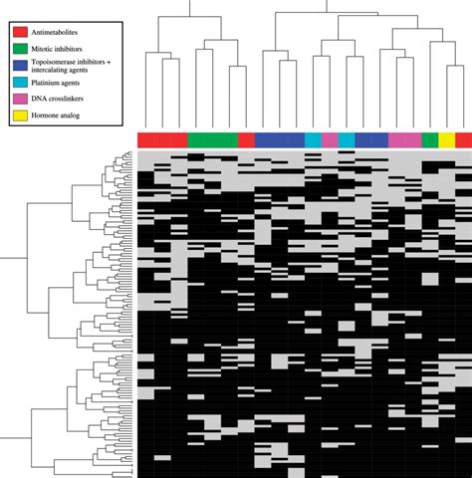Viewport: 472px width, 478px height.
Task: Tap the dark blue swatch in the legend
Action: click(20, 66)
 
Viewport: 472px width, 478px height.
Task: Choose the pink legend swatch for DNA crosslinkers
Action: click(20, 100)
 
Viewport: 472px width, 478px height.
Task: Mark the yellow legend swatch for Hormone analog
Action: click(20, 117)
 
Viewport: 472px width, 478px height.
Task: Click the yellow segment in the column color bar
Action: click(446, 139)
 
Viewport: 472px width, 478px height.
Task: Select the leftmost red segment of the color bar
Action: click(162, 139)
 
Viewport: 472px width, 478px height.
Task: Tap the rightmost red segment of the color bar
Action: click(463, 139)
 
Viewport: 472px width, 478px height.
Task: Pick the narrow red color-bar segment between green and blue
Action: click(246, 139)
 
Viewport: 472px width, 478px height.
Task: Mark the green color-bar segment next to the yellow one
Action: click(429, 139)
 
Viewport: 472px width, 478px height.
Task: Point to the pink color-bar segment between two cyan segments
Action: click(330, 139)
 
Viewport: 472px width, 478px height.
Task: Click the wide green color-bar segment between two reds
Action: click(212, 139)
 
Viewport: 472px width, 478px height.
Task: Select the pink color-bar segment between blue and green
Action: click(404, 139)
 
